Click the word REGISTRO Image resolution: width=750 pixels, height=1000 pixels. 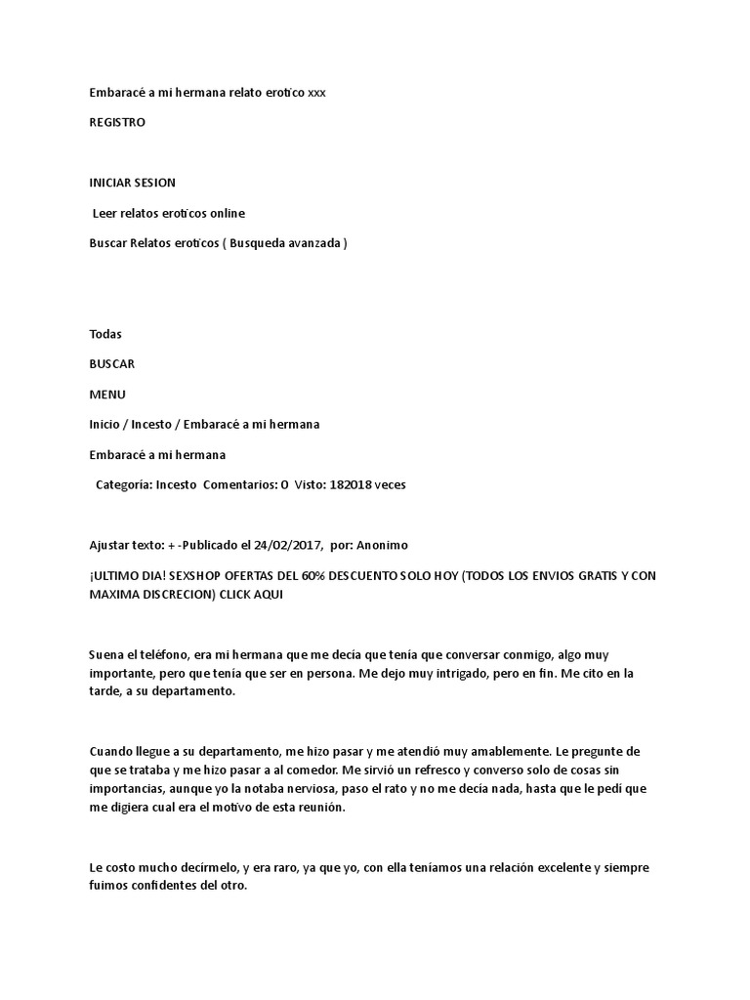(117, 123)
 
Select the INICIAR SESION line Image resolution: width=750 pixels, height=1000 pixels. (133, 183)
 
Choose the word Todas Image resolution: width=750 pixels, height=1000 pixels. (105, 334)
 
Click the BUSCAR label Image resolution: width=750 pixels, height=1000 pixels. (111, 364)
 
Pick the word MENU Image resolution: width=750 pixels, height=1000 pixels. (107, 395)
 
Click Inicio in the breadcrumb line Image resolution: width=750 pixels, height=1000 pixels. (104, 425)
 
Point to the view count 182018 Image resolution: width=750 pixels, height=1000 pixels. (351, 484)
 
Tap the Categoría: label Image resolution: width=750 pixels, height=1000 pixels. (124, 484)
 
